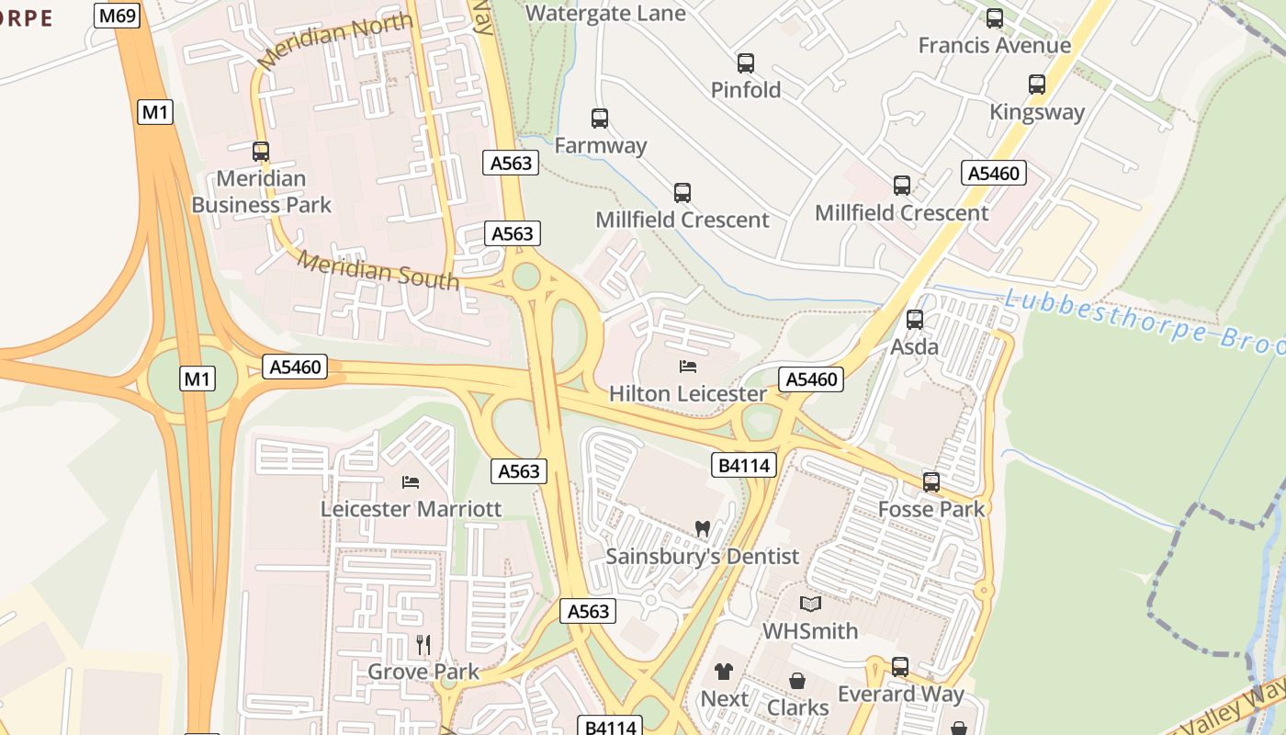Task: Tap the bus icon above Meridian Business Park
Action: click(x=261, y=152)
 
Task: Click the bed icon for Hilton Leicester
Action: click(x=687, y=367)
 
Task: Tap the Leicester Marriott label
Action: click(x=411, y=509)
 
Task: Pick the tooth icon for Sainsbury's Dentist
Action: click(x=703, y=529)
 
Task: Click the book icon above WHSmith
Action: click(x=809, y=604)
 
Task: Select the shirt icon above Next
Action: click(x=724, y=672)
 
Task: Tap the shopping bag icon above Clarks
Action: click(x=797, y=681)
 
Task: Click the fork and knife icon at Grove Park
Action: click(x=423, y=645)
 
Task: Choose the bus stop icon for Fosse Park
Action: click(x=931, y=482)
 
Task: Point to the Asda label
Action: click(x=915, y=346)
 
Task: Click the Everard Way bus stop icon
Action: click(x=900, y=667)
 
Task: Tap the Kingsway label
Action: click(x=1037, y=112)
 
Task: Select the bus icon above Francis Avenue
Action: click(x=995, y=18)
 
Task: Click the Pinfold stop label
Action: click(x=746, y=90)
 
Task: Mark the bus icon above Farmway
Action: click(x=600, y=119)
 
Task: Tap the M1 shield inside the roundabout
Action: click(x=197, y=379)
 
